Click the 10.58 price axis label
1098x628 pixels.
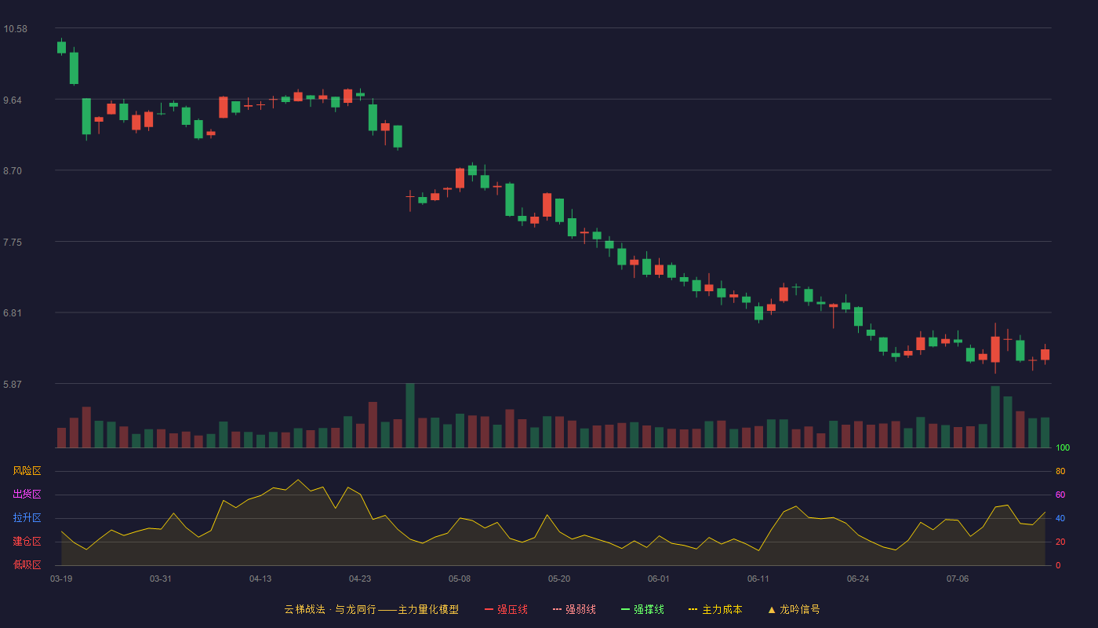point(15,29)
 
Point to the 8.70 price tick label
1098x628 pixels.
point(13,171)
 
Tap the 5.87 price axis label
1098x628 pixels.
point(13,384)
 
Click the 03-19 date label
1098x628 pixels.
point(61,579)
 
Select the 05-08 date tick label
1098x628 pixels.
point(460,579)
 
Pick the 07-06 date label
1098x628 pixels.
point(958,579)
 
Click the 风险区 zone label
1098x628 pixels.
point(27,471)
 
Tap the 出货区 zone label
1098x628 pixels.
point(27,494)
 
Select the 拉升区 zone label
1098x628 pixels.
point(27,517)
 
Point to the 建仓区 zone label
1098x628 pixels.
point(27,541)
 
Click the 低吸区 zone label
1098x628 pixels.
point(27,564)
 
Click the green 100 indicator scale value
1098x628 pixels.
point(1063,447)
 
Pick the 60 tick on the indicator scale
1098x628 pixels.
point(1060,495)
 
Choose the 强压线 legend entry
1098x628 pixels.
point(506,609)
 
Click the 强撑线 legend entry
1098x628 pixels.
point(642,609)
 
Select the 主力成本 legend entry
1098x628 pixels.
point(715,609)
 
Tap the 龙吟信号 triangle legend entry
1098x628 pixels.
point(794,609)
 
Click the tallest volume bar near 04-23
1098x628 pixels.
point(373,425)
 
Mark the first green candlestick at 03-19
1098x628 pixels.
point(61,47)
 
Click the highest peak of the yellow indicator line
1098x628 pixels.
point(298,480)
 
